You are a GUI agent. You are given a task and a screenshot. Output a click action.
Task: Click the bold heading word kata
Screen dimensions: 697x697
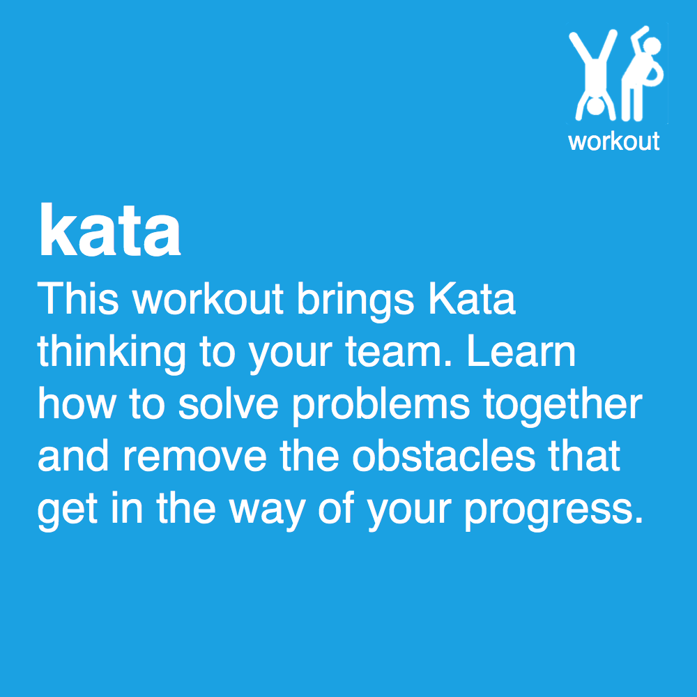click(x=110, y=231)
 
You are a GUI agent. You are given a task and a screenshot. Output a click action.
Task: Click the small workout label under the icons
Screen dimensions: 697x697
click(x=613, y=141)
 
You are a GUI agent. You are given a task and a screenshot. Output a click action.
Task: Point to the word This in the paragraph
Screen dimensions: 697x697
click(x=79, y=299)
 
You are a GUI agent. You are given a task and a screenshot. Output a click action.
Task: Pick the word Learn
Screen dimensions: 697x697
click(x=521, y=352)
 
